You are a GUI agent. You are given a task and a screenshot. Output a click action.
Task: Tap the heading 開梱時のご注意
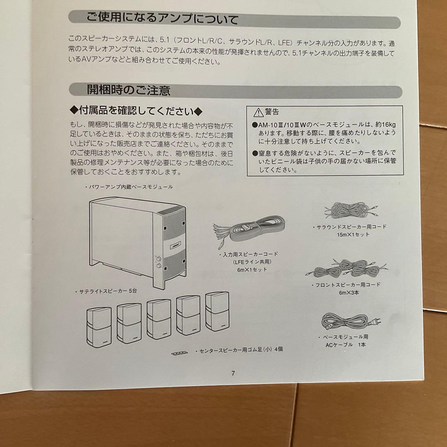click(x=128, y=90)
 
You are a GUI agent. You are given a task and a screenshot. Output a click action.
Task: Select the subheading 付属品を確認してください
click(x=136, y=111)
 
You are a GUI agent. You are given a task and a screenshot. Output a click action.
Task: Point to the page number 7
click(x=233, y=373)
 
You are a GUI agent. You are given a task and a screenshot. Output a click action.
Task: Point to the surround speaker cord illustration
click(x=351, y=210)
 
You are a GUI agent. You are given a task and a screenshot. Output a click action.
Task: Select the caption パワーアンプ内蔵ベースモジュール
click(x=129, y=187)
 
